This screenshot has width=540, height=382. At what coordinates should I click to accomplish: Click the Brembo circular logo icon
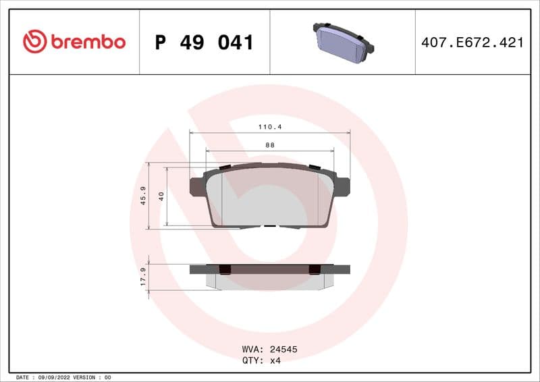coord(34,42)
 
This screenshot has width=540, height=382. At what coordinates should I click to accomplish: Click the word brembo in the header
coord(87,42)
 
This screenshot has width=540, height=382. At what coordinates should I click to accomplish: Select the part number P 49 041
coord(204,43)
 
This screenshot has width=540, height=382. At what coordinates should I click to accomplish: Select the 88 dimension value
coord(269,144)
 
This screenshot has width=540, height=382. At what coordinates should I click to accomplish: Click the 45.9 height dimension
coord(143,196)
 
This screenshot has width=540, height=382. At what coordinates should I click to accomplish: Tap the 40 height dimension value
coord(161,196)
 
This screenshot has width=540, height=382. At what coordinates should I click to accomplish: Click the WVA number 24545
coord(283,350)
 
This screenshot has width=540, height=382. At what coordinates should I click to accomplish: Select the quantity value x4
coord(275,360)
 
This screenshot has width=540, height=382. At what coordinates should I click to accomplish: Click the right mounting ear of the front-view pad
coord(343,186)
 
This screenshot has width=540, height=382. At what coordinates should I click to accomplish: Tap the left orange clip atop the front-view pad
coord(225,167)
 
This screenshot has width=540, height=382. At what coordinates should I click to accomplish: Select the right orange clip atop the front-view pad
coord(313,167)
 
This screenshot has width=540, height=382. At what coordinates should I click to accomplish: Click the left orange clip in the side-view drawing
coord(225,269)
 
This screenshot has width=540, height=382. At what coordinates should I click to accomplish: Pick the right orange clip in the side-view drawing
coord(314,269)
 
